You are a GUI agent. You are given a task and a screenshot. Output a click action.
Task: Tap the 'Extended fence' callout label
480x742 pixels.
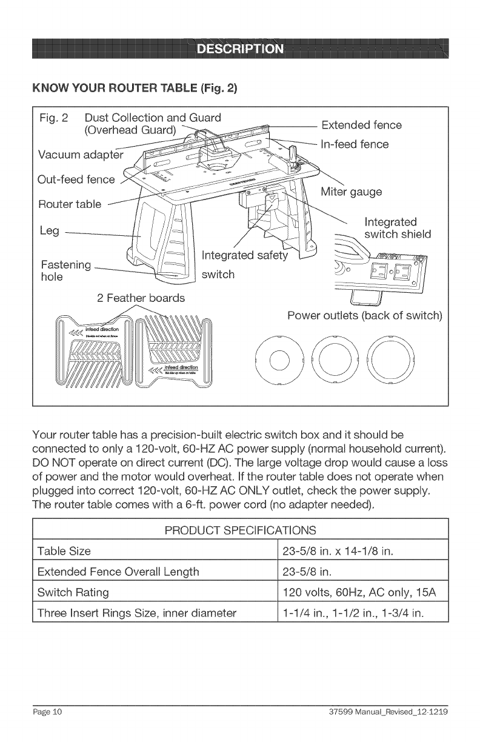[361, 125]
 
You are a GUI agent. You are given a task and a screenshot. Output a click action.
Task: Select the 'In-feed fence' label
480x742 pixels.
[355, 144]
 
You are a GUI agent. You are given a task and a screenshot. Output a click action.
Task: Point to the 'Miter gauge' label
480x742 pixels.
[352, 192]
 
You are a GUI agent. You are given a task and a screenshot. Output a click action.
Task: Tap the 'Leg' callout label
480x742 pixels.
[48, 232]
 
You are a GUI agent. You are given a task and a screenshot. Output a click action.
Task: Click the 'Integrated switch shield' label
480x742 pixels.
[397, 228]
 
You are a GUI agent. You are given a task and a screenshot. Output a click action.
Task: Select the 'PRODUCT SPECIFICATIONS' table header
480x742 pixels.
[240, 530]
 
